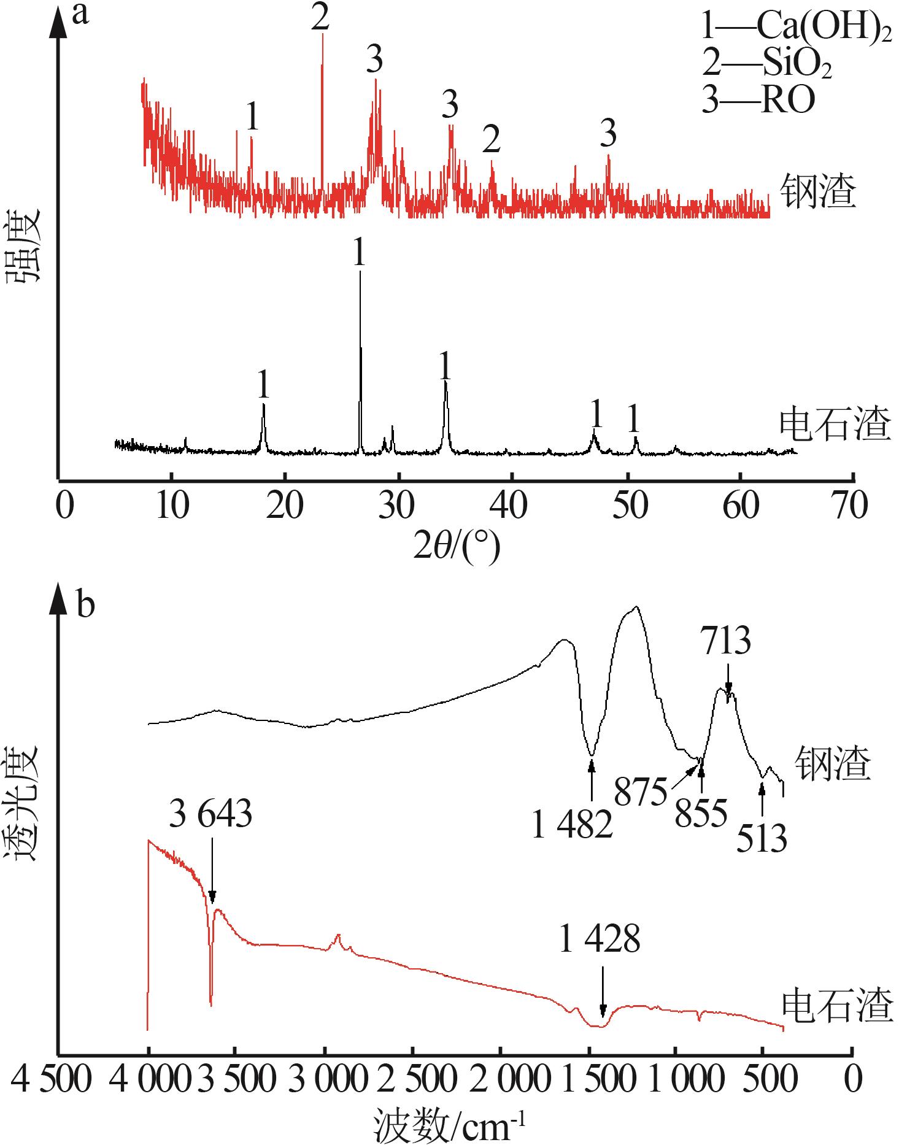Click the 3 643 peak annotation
point(210,815)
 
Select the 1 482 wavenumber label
point(572,826)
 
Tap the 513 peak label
point(762,839)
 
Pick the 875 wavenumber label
point(641,793)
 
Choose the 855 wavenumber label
point(701,814)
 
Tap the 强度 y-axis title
point(23,245)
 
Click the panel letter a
point(80,13)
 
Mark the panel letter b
point(85,606)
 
